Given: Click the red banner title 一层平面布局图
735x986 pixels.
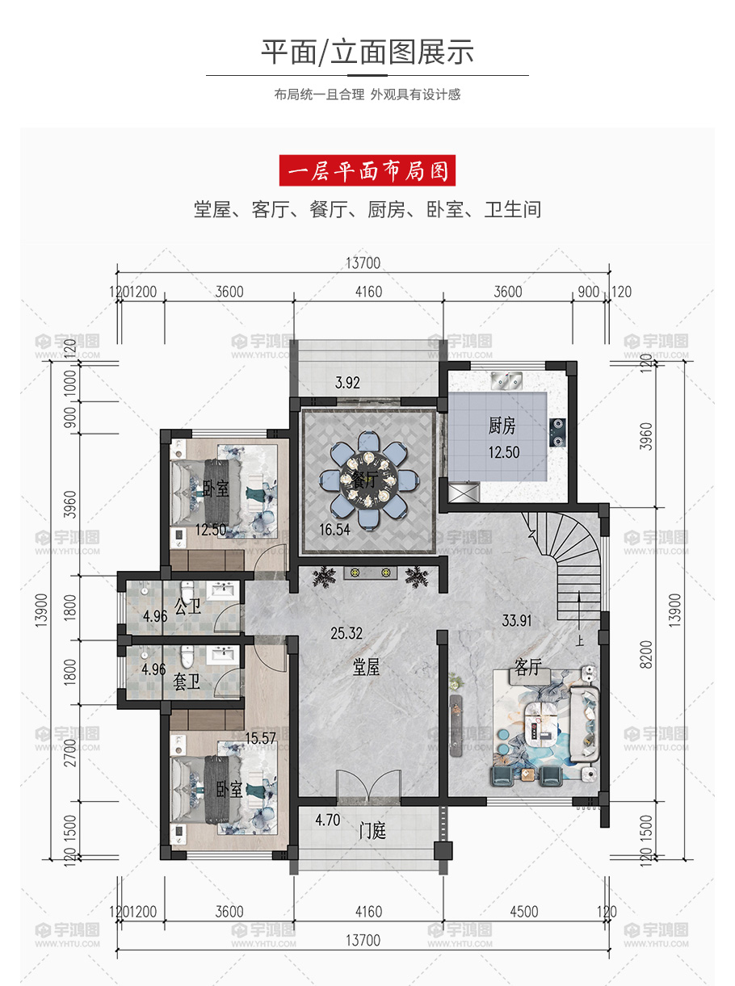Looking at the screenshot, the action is pyautogui.click(x=367, y=170).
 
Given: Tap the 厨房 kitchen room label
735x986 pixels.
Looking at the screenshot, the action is pyautogui.click(x=502, y=426).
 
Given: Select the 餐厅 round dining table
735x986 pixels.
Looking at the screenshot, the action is pyautogui.click(x=369, y=481).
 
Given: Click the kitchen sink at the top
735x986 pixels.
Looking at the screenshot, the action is pyautogui.click(x=506, y=380).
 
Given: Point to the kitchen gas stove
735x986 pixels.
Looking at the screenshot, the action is pyautogui.click(x=557, y=432).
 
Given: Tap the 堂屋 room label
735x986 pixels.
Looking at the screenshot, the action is pyautogui.click(x=366, y=668).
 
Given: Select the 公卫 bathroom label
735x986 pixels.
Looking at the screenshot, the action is pyautogui.click(x=188, y=606).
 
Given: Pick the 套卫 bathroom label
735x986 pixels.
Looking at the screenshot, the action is pyautogui.click(x=187, y=682).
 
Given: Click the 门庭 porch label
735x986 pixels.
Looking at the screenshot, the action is pyautogui.click(x=372, y=830).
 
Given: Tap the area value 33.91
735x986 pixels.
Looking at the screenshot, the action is pyautogui.click(x=517, y=621).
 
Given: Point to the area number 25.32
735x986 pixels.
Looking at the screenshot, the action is pyautogui.click(x=346, y=633).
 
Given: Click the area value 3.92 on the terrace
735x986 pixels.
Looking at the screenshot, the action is pyautogui.click(x=347, y=383).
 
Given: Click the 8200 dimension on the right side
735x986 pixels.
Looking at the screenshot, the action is pyautogui.click(x=645, y=654).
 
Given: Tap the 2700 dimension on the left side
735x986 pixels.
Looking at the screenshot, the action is pyautogui.click(x=70, y=753).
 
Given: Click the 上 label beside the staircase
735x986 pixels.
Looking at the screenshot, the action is pyautogui.click(x=580, y=641).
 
